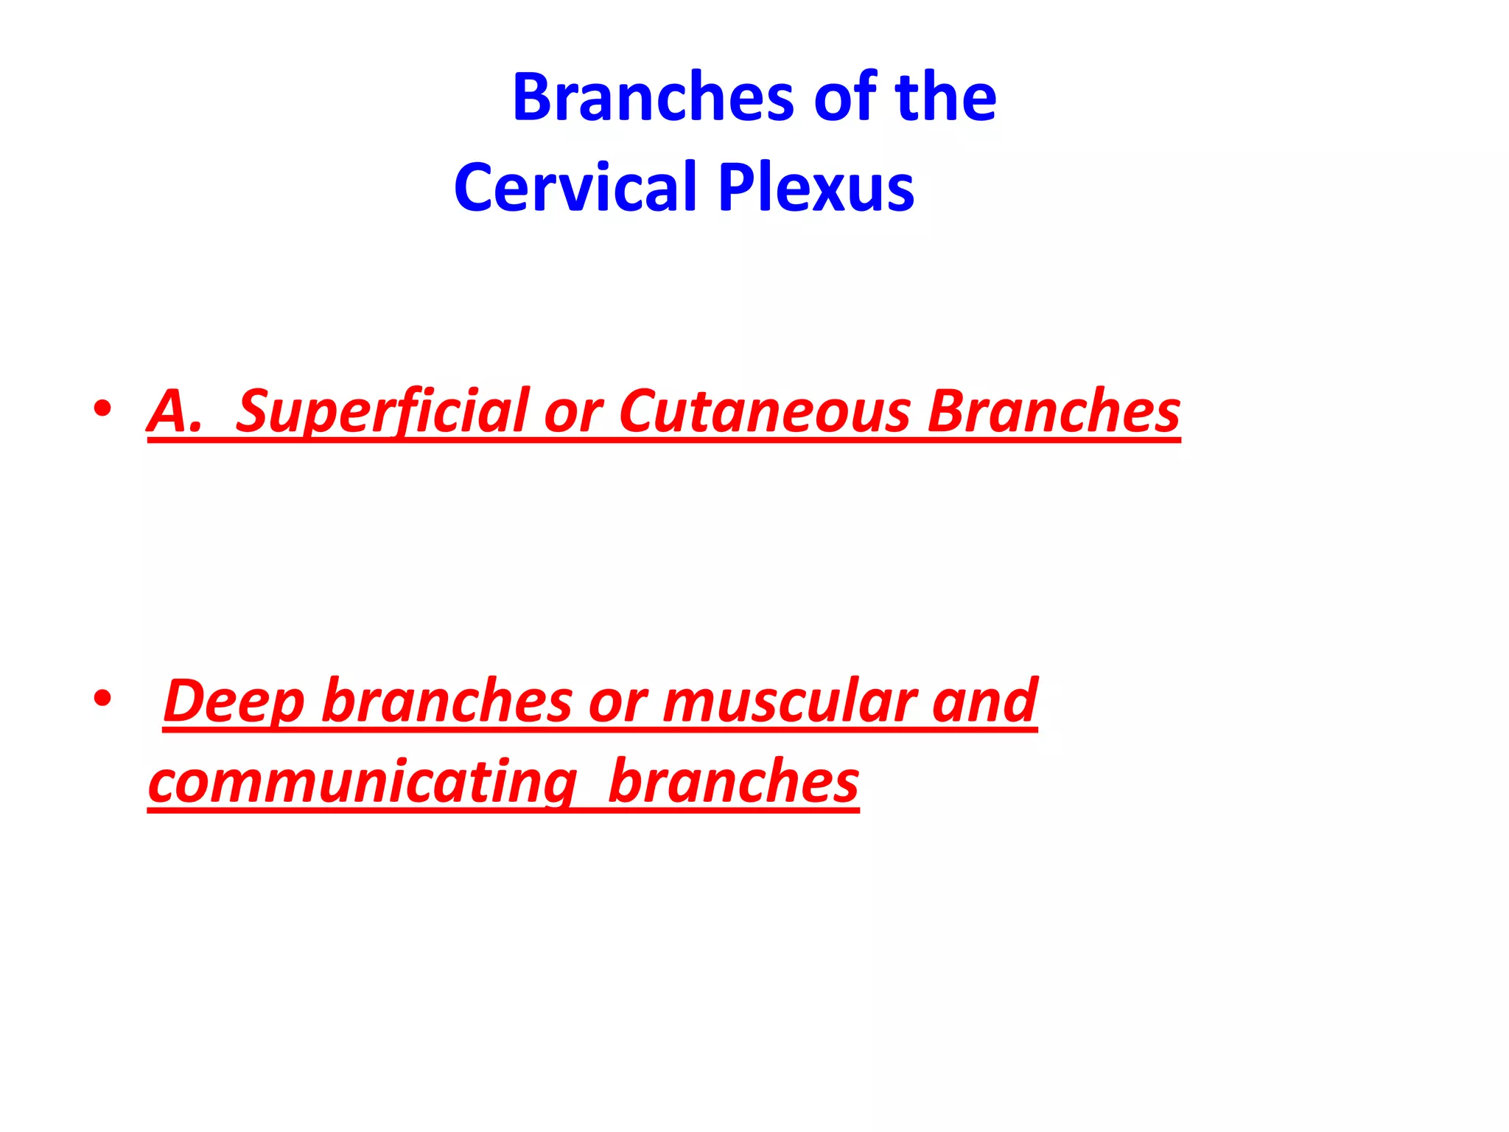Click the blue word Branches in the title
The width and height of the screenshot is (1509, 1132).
point(653,97)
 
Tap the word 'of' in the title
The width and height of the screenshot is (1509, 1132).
point(844,97)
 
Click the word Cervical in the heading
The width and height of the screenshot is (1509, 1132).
point(575,187)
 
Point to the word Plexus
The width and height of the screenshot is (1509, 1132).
point(816,187)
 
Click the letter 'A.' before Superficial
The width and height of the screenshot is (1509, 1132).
point(174,411)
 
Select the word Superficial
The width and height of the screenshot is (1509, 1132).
point(383,411)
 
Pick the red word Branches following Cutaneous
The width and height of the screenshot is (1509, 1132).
point(1054,411)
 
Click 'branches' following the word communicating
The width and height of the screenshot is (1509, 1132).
point(734,781)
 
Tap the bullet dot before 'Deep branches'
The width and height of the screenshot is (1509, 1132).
point(102,698)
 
